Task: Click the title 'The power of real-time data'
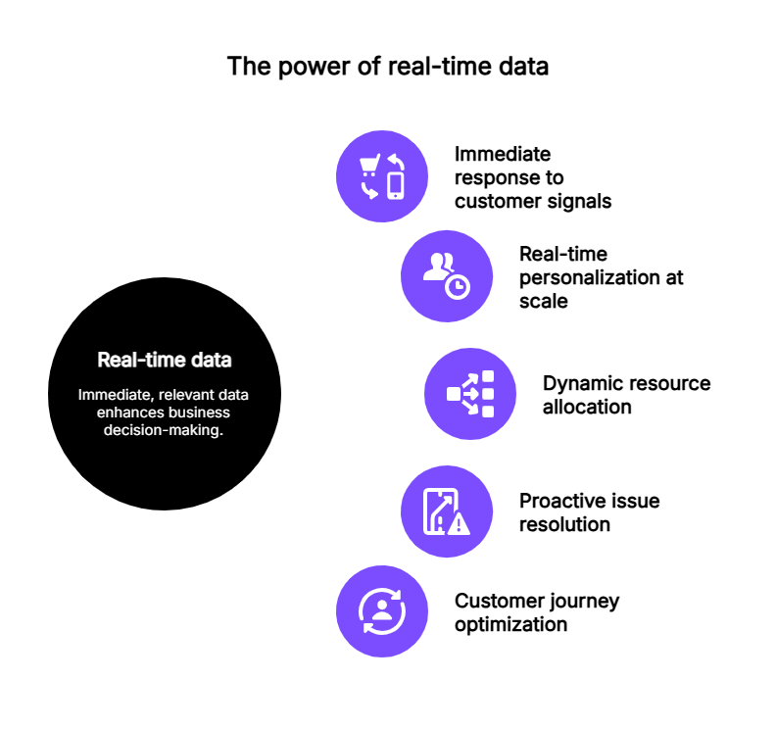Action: point(387,67)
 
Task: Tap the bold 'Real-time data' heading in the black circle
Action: point(165,360)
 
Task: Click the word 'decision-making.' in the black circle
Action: point(164,430)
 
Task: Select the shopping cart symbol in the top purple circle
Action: point(369,165)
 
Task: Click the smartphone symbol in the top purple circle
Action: point(396,186)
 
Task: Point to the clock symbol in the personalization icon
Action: point(458,286)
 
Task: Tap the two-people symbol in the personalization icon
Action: point(439,267)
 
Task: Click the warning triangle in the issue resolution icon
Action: point(459,523)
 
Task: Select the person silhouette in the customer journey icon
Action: point(381,609)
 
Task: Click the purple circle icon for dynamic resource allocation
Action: point(470,394)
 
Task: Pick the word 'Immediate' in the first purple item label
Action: point(503,154)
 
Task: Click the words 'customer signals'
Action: point(533,202)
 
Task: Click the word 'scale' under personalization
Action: point(544,301)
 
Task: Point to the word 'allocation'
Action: point(587,407)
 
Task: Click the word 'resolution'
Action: point(564,524)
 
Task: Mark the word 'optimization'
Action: point(510,625)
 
